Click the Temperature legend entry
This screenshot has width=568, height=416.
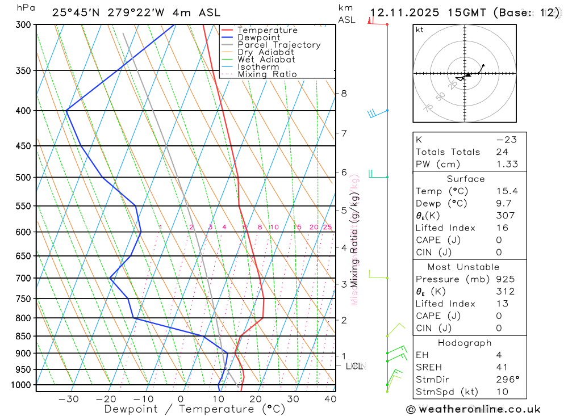267,30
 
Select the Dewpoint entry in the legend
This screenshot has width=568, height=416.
258,37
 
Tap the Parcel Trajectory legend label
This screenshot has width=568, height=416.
279,45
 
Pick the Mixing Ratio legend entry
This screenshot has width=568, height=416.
267,74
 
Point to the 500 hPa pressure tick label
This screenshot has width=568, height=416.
23,178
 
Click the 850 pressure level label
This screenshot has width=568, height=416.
23,337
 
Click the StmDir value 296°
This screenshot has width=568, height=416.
505,380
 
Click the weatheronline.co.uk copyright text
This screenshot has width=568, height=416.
473,409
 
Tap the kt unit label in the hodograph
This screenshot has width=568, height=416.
420,30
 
